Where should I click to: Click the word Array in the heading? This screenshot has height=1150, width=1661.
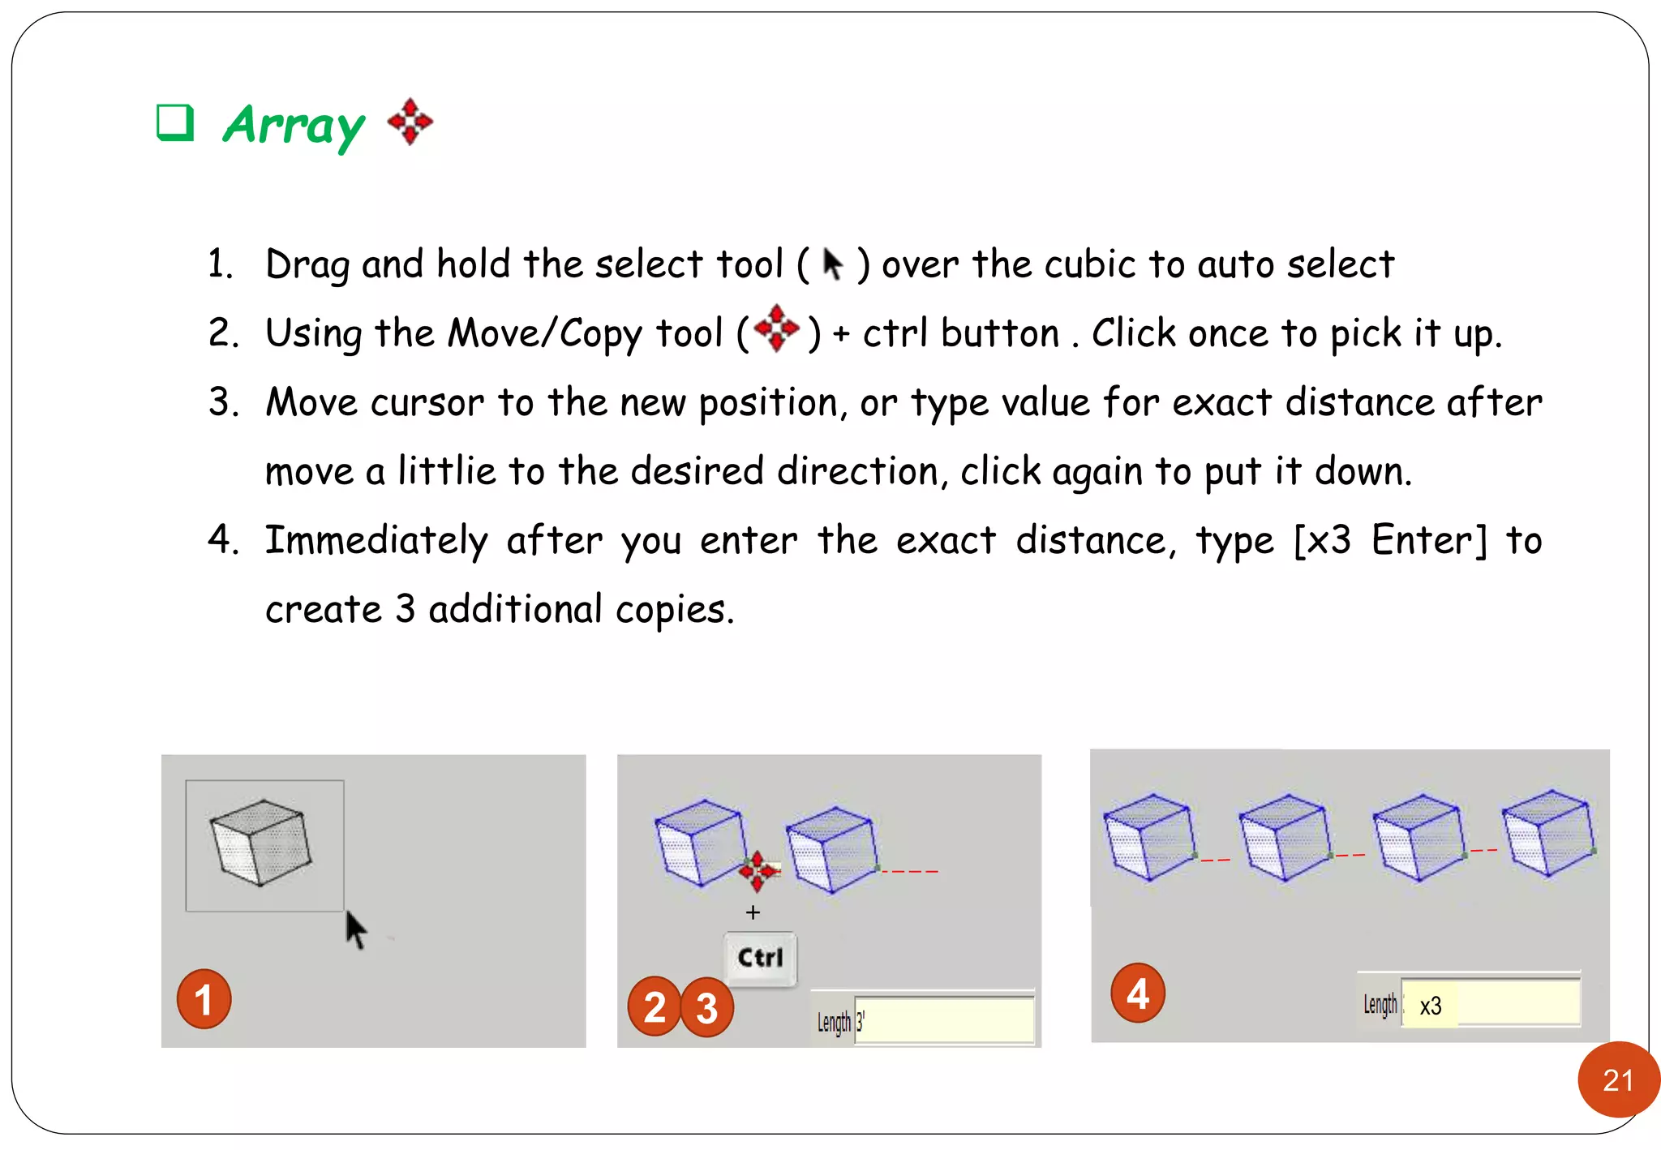point(294,126)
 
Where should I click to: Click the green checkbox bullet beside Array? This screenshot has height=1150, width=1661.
point(175,123)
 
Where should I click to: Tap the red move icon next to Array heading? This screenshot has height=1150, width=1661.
point(410,122)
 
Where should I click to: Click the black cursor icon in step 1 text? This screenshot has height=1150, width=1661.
point(832,264)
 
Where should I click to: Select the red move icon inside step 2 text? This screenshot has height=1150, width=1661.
point(776,328)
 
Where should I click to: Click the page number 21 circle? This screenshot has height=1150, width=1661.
point(1617,1079)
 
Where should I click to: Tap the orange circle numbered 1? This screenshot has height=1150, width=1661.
point(204,999)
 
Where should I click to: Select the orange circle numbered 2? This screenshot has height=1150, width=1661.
point(654,1006)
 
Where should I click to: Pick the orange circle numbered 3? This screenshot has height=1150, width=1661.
point(707,1007)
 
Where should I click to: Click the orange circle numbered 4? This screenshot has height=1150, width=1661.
point(1137,993)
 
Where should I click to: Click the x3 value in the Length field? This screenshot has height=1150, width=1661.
point(1431,1006)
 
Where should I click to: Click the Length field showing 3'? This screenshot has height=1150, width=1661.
point(944,1020)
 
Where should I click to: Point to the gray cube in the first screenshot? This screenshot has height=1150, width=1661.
point(260,842)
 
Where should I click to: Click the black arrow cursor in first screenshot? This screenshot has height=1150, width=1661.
point(355,929)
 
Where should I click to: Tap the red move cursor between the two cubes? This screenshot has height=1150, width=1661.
point(758,870)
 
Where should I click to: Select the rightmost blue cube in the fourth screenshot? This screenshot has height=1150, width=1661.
point(1548,834)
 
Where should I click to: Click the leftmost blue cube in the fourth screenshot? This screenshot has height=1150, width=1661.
point(1150,837)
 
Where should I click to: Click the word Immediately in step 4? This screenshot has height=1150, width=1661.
point(376,541)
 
